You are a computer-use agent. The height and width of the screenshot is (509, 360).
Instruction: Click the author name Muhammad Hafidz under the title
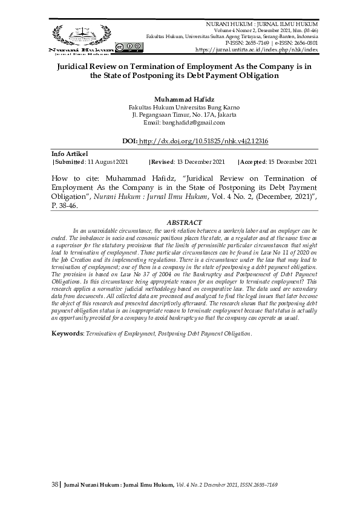[180, 97]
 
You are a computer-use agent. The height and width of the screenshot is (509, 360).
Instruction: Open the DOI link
[203, 141]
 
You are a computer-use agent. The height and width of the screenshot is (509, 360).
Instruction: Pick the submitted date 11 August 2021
[106, 162]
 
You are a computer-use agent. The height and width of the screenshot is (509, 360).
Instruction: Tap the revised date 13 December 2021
[202, 162]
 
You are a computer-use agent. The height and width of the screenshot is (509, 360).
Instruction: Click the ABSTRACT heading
[180, 223]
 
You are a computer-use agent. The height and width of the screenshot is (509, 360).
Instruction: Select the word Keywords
[67, 334]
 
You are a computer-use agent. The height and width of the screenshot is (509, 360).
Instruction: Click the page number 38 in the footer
[54, 484]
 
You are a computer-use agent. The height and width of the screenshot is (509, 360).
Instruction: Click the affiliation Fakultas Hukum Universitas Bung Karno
[180, 106]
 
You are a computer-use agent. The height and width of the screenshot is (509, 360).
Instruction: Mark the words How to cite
[71, 179]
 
